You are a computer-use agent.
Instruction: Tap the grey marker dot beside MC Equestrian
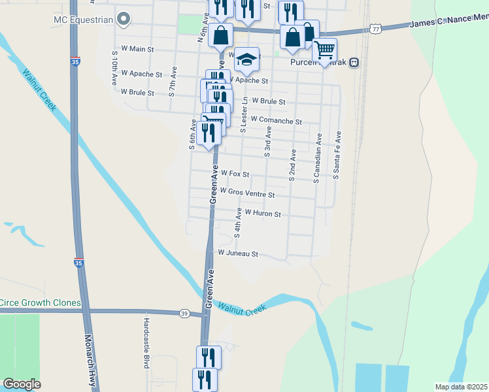pos(122,20)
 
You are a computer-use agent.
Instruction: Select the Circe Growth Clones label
pos(41,302)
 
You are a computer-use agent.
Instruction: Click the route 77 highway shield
pos(375,29)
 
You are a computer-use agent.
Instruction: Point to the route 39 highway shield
pos(184,314)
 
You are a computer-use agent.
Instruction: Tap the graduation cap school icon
pos(247,59)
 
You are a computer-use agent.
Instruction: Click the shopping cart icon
pos(324,50)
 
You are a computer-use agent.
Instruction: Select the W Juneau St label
pos(239,253)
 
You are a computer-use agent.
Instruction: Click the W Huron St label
pos(262,214)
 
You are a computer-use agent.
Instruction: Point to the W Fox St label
pos(235,174)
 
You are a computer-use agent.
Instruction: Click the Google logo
pos(22,384)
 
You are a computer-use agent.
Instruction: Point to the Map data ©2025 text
pos(460,387)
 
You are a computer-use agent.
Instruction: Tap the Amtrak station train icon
pos(354,63)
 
